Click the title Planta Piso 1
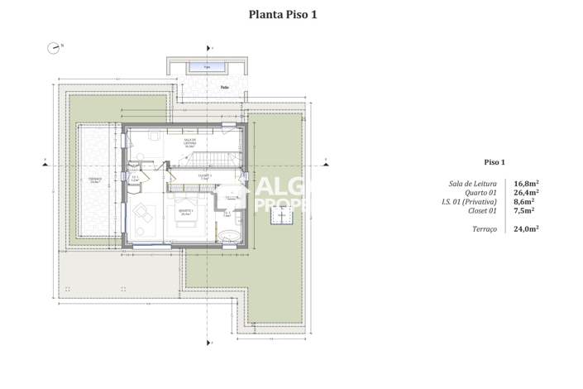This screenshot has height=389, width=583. (x=283, y=14)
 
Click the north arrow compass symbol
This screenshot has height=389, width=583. (x=54, y=48)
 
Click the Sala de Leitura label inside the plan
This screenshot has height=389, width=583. (x=189, y=142)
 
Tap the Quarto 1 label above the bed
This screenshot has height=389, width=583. (x=186, y=212)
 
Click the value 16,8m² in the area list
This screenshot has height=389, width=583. (x=527, y=184)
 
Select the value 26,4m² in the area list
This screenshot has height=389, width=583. (x=527, y=194)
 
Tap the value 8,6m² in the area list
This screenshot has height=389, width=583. (x=524, y=202)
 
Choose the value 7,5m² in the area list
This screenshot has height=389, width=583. (x=524, y=211)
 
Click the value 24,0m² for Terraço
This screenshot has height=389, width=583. (x=527, y=228)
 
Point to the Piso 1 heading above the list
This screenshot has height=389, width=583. (x=494, y=162)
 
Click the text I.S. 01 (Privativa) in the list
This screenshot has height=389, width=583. (x=469, y=202)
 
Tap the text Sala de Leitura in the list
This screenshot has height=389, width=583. (x=472, y=184)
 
